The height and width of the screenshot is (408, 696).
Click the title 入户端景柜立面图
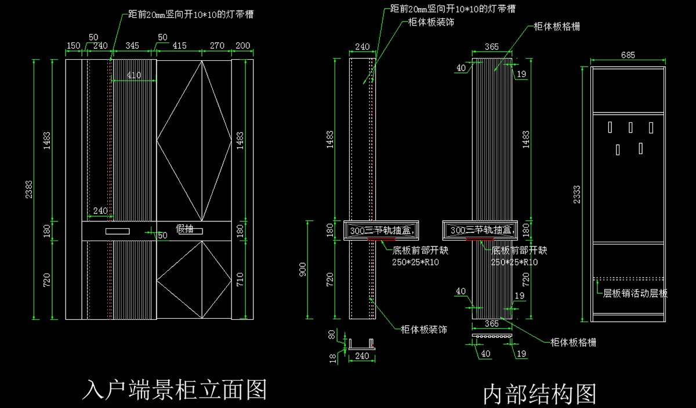pyautogui.click(x=175, y=389)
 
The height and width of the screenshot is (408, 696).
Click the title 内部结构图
pyautogui.click(x=539, y=394)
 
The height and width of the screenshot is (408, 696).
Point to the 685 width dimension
pyautogui.click(x=628, y=56)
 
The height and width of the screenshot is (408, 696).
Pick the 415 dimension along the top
pyautogui.click(x=180, y=45)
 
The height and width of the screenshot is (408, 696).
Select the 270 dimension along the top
pyautogui.click(x=217, y=45)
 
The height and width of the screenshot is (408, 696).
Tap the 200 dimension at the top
pyautogui.click(x=243, y=45)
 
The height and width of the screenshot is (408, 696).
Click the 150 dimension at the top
pyautogui.click(x=74, y=45)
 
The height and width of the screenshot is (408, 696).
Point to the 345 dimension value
pyautogui.click(x=132, y=45)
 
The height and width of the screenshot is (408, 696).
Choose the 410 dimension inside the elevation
pyautogui.click(x=134, y=75)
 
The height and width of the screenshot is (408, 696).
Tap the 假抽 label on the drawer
pyautogui.click(x=184, y=229)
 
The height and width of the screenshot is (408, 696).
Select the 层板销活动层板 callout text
pyautogui.click(x=636, y=294)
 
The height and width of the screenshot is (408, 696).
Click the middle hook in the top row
pyautogui.click(x=630, y=126)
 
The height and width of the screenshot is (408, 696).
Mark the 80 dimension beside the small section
pyautogui.click(x=332, y=334)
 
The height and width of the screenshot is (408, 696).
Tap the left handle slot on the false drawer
pyautogui.click(x=118, y=231)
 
